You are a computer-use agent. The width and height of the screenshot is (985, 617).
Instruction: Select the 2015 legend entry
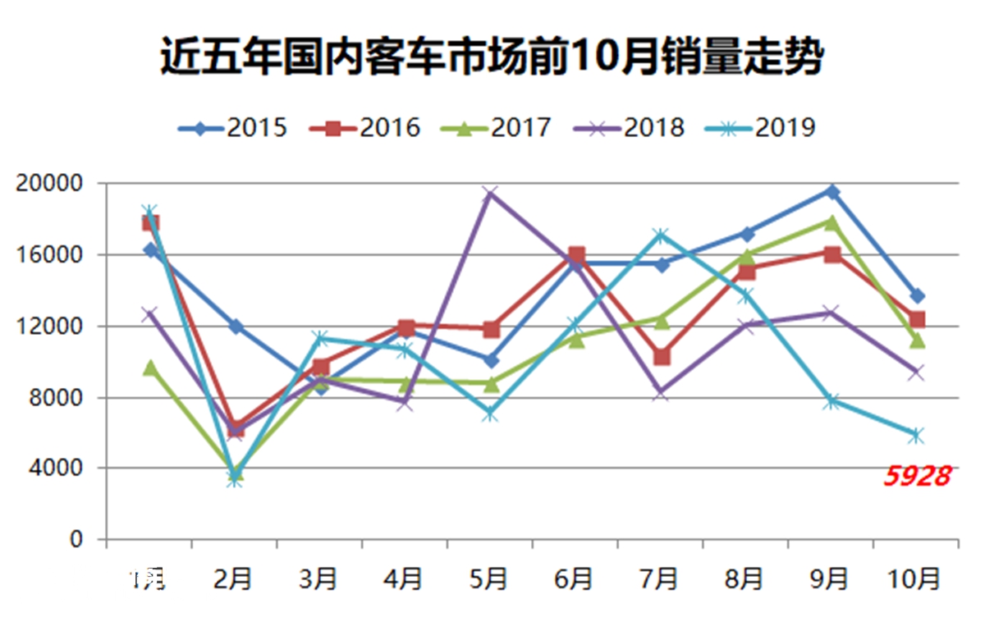pos(233,128)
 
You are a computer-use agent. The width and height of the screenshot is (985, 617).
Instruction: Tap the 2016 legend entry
pos(365,128)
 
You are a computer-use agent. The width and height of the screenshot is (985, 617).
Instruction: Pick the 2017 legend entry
pos(497,128)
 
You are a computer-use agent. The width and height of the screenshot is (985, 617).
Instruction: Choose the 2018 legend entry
pos(630,128)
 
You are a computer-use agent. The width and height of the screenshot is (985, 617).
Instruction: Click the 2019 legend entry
pos(762,128)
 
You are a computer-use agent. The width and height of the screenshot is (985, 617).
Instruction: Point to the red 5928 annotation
pos(917,477)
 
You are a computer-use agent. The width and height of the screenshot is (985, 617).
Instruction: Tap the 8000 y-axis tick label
pos(59,397)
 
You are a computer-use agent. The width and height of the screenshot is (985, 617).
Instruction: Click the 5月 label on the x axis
pos(489,578)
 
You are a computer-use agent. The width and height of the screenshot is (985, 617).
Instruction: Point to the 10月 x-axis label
pos(915,578)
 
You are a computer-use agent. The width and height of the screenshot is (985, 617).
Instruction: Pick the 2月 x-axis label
pos(233,578)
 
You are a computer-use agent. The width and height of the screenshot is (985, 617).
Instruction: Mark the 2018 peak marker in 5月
pos(490,194)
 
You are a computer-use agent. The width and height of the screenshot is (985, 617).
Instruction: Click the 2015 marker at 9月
pos(832,191)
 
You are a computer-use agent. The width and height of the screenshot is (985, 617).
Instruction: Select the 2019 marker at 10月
pos(916,435)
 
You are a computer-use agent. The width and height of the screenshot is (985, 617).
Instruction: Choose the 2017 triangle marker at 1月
pos(149,368)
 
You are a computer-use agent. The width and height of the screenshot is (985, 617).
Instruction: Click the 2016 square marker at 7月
pos(661,357)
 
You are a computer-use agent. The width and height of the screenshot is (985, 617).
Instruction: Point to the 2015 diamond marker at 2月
pos(236,327)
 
